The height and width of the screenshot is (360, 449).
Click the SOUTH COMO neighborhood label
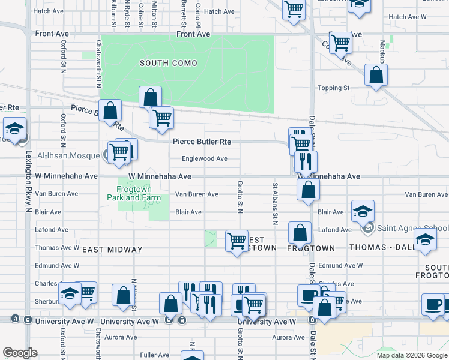(169, 63)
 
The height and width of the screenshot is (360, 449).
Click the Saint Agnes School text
(412, 228)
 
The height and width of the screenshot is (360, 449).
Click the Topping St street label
(333, 88)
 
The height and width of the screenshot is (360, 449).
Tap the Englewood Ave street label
(205, 159)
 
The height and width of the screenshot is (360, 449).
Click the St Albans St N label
(275, 204)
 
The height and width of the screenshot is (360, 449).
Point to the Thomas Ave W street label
(57, 247)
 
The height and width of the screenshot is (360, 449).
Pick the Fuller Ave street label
(154, 355)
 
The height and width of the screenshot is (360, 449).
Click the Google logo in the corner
(20, 353)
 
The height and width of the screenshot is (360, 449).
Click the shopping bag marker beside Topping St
(376, 76)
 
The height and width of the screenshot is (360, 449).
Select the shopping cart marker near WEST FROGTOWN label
(237, 241)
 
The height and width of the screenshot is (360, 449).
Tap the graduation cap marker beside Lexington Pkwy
(14, 128)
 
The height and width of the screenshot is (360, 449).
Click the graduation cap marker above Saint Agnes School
(363, 211)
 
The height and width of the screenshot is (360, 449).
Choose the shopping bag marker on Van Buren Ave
(308, 190)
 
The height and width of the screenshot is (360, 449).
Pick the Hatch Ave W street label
(406, 17)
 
